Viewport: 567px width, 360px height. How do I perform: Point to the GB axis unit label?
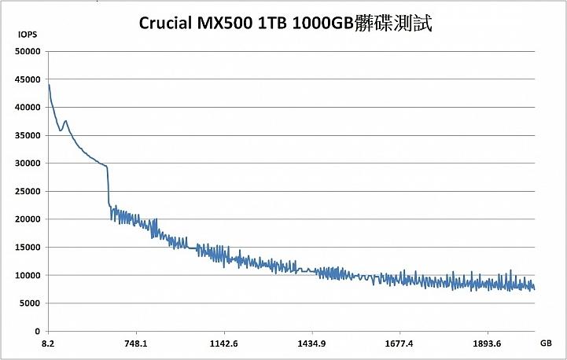(546, 343)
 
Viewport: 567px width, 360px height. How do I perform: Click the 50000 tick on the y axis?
(28, 52)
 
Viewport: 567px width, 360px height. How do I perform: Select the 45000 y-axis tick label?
(28, 79)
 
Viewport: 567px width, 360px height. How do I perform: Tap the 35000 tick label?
(28, 136)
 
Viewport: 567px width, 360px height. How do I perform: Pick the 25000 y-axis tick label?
(28, 192)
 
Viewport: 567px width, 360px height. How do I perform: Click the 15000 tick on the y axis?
(28, 248)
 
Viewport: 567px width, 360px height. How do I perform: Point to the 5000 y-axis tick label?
(30, 303)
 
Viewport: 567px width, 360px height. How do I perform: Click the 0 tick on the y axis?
(37, 331)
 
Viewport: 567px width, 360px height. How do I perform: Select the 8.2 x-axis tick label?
(48, 343)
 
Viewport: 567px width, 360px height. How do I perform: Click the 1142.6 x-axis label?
(224, 343)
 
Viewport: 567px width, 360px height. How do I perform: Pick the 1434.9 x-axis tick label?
(312, 343)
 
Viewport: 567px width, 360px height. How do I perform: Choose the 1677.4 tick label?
(399, 343)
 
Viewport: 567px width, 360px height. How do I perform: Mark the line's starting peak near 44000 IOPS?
(49, 85)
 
